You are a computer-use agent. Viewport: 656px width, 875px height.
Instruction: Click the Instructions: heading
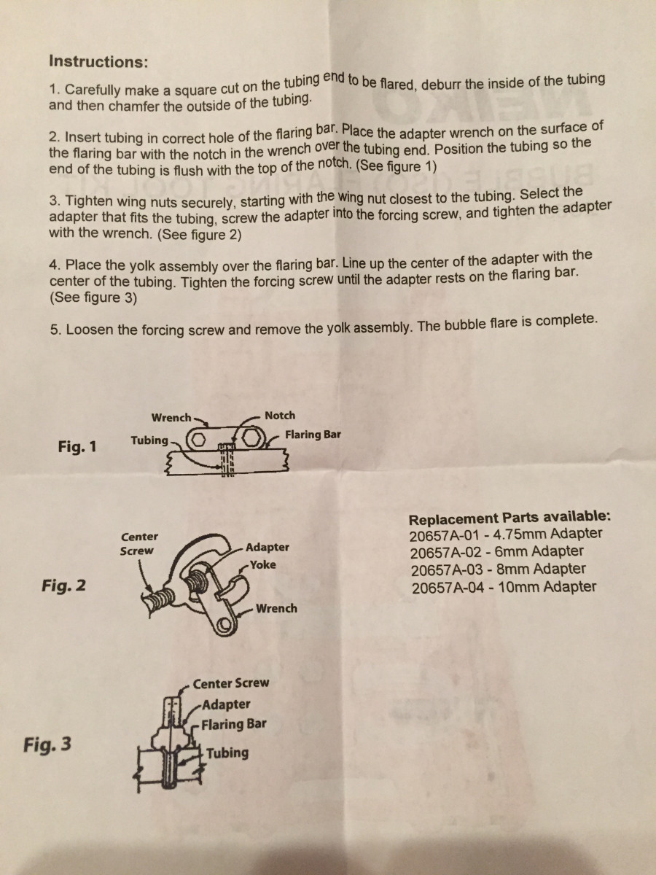pos(98,61)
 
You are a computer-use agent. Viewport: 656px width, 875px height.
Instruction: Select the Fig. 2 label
pos(64,584)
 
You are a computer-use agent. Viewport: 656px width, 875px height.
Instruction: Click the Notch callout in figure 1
pos(280,416)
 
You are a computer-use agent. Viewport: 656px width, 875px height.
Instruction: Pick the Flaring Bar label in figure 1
pos(313,435)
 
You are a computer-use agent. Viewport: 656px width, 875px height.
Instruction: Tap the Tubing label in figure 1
pos(149,440)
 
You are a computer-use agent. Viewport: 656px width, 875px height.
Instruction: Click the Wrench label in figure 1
pos(171,418)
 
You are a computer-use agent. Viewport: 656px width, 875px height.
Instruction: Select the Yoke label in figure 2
pos(262,564)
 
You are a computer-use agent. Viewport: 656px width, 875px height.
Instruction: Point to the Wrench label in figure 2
pos(276,608)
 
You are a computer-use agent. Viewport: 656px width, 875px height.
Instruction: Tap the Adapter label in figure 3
pos(227,704)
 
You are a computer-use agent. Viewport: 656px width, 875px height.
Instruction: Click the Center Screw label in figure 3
pos(231,683)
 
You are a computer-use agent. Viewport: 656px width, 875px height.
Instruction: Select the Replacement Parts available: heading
pos(510,519)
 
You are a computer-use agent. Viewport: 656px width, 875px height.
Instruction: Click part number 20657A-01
pos(447,534)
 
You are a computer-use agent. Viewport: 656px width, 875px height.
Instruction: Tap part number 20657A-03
pos(447,569)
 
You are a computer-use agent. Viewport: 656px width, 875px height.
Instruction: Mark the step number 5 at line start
pos(55,330)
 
